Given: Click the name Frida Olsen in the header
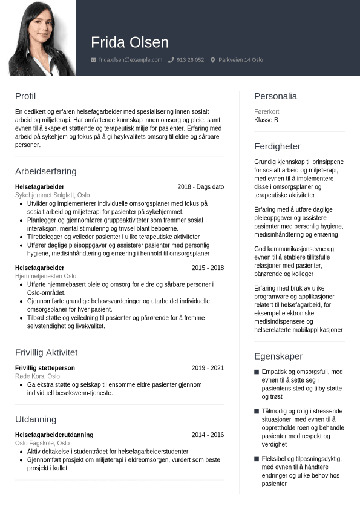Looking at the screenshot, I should (x=129, y=42).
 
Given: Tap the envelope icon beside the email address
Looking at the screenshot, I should (x=93, y=60).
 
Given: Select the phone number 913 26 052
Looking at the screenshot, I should (x=190, y=60).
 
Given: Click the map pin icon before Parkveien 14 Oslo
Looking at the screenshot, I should (x=213, y=60).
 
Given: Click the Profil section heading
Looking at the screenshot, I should (x=25, y=96).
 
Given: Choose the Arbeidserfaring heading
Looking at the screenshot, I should (x=46, y=171).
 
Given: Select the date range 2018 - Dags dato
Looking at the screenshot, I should (x=200, y=187).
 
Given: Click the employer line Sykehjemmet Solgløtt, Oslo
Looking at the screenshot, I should (x=53, y=195).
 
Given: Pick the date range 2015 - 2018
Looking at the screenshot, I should (x=208, y=268).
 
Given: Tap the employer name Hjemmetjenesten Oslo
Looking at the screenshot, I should (x=46, y=276).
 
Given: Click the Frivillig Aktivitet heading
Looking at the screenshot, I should (x=47, y=352).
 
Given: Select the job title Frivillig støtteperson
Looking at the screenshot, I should (x=45, y=368).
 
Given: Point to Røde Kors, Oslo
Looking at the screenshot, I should (x=38, y=376).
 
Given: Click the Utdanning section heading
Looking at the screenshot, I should (x=36, y=419).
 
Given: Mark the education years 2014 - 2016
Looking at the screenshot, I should (x=208, y=435).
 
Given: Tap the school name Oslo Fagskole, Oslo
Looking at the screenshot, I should (x=42, y=443).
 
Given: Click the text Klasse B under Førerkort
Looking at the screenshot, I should (x=266, y=120).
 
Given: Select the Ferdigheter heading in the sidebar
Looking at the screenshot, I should (x=277, y=146).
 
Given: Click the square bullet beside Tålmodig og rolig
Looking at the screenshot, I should (x=257, y=411).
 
